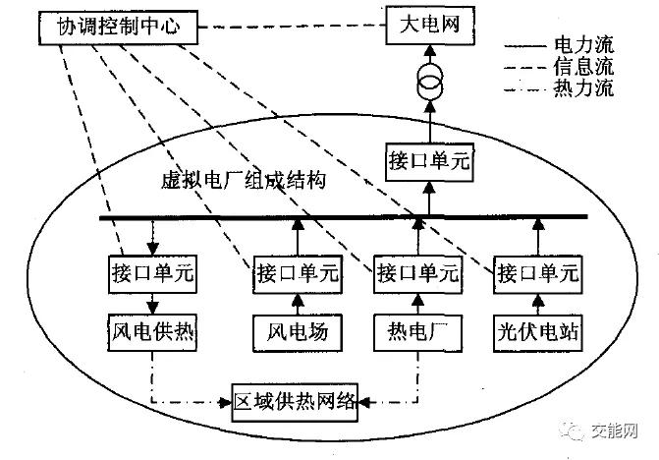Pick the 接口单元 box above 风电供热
pos(152,270)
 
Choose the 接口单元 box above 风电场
pos(297,270)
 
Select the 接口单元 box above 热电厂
pos(416,270)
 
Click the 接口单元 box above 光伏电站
pos(536,270)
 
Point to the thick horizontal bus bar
pos(344,216)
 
